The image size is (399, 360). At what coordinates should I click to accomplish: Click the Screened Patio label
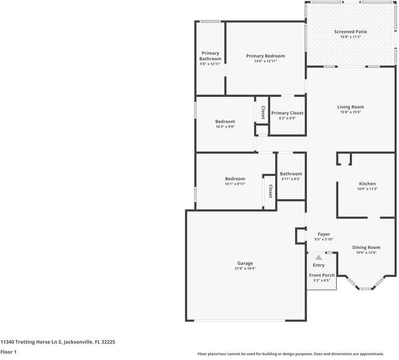coord(350,31)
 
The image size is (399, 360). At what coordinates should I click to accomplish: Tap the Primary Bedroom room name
coord(265,56)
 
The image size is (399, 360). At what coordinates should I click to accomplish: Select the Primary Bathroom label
coord(210,56)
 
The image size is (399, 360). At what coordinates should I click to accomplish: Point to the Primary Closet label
coord(287,113)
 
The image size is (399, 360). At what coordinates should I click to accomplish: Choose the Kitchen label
coord(367,184)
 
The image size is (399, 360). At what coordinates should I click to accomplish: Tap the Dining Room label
coord(366,247)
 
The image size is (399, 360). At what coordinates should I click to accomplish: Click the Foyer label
coord(323,234)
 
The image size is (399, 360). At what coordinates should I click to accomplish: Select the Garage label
coord(245,263)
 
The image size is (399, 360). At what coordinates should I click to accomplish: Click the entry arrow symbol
coord(318,257)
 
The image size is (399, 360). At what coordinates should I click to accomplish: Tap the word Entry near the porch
coord(318,265)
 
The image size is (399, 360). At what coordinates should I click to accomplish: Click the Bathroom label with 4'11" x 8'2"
coord(291,174)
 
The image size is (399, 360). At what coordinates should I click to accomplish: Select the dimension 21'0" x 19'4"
coord(245,269)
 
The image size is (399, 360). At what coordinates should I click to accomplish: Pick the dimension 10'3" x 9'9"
coord(225,127)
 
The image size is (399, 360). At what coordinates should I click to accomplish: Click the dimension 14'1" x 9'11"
coord(235,184)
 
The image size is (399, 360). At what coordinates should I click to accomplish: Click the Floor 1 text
coord(8,352)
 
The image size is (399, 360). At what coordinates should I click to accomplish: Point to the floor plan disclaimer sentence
coord(297,353)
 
